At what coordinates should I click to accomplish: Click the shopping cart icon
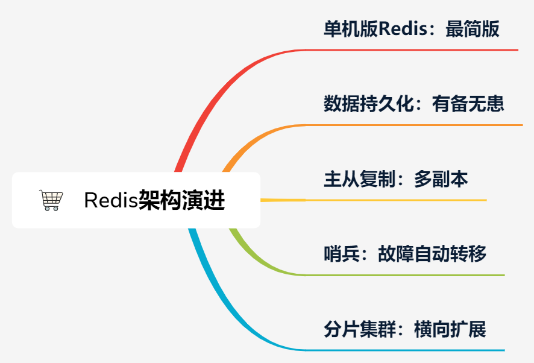coord(51,200)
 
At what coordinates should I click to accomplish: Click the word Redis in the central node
coord(111,200)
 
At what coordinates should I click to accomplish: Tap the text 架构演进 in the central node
coord(181,200)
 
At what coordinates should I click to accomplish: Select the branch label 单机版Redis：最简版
coord(412,29)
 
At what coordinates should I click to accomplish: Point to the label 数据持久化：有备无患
coord(413,104)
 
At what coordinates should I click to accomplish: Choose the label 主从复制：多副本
coord(395,179)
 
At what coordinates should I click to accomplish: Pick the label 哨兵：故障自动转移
coord(404,254)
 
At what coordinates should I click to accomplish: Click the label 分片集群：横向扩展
coord(404,329)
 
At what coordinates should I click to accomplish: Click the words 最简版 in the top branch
coord(473,29)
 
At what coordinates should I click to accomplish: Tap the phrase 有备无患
coord(468,104)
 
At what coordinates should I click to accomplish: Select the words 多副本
coord(441,179)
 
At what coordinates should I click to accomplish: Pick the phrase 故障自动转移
coord(432,254)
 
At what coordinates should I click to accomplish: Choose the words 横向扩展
coord(450,329)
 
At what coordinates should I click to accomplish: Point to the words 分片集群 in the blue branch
coord(359,329)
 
